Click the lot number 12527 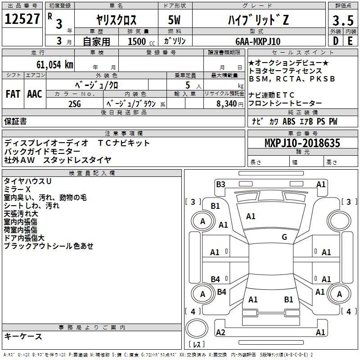(22, 18)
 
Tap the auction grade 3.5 (343, 20)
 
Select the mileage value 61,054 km (54, 65)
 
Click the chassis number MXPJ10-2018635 (302, 143)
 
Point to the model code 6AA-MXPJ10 (258, 41)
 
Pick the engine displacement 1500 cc (141, 41)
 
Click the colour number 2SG (75, 104)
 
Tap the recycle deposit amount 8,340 (227, 103)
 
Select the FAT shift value (13, 94)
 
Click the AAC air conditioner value (35, 94)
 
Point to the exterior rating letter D (336, 41)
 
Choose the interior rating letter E (350, 41)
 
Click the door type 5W (174, 20)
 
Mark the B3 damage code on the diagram (220, 184)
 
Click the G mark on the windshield (284, 237)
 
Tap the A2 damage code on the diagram (220, 332)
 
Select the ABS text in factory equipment (289, 121)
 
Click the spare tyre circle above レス (197, 328)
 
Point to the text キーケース (23, 336)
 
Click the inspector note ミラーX (17, 189)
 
